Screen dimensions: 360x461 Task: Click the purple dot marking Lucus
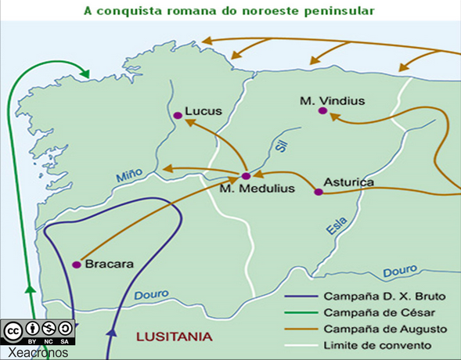178,116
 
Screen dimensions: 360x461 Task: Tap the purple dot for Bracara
77,265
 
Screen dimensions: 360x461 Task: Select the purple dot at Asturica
318,192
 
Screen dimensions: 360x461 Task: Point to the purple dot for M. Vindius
322,111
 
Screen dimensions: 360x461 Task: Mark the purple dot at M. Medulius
245,176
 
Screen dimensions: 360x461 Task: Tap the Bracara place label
108,264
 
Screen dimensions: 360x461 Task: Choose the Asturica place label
348,183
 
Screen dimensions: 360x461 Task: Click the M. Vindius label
333,100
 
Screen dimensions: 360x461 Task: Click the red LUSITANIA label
174,337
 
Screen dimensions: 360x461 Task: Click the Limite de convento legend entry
375,344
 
